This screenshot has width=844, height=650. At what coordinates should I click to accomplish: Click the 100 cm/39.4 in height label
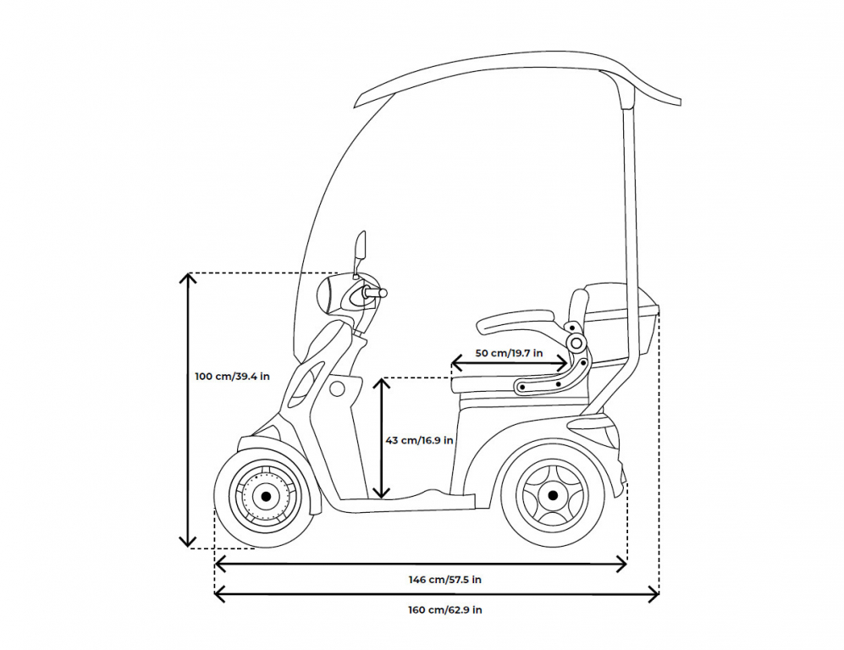click(232, 377)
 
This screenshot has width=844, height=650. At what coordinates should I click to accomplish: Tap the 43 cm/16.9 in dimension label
click(419, 440)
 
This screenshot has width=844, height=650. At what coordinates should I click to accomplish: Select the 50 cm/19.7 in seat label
click(509, 353)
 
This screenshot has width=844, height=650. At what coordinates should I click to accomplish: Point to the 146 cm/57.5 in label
click(444, 580)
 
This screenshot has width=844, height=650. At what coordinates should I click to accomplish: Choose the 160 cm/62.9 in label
click(444, 609)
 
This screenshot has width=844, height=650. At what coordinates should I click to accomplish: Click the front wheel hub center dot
click(265, 496)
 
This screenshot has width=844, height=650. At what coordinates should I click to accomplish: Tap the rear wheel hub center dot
click(552, 495)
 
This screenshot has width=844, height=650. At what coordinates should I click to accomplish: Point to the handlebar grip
click(376, 293)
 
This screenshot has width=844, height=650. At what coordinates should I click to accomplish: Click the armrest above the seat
click(516, 322)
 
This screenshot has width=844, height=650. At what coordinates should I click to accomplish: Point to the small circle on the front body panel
click(337, 388)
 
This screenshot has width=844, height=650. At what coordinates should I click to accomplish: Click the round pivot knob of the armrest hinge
click(576, 343)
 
